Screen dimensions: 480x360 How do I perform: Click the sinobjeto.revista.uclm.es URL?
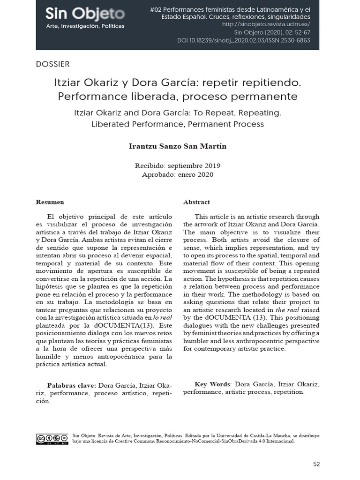[266, 24]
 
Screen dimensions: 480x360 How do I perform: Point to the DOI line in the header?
[244, 41]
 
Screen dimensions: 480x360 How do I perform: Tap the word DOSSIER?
[52, 64]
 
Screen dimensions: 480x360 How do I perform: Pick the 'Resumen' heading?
[50, 202]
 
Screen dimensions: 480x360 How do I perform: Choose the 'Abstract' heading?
[196, 202]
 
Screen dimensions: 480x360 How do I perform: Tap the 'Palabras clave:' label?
[71, 385]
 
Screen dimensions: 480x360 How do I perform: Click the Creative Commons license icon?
[52, 439]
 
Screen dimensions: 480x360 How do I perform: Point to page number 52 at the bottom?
[316, 464]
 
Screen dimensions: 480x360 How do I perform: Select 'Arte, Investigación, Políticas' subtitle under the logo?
[85, 26]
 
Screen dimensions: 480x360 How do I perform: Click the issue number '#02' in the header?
[156, 9]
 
